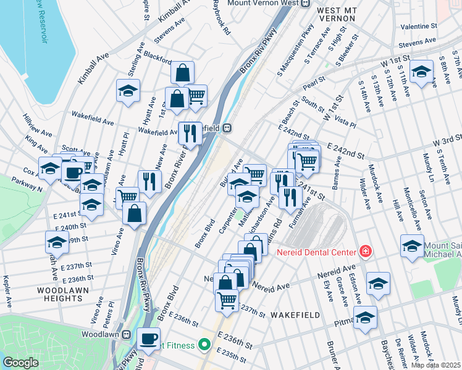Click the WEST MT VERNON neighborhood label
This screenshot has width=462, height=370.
coord(336,14)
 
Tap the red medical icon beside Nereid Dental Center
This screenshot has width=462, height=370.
coord(365,251)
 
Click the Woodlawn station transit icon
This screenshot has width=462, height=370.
coord(127,334)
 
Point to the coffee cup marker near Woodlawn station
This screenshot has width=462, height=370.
coord(148,338)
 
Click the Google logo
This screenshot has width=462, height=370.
coord(20,363)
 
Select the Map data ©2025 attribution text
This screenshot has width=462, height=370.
coord(435,365)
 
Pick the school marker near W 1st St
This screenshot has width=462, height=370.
coord(421,72)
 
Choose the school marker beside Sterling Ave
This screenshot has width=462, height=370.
coord(128,91)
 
